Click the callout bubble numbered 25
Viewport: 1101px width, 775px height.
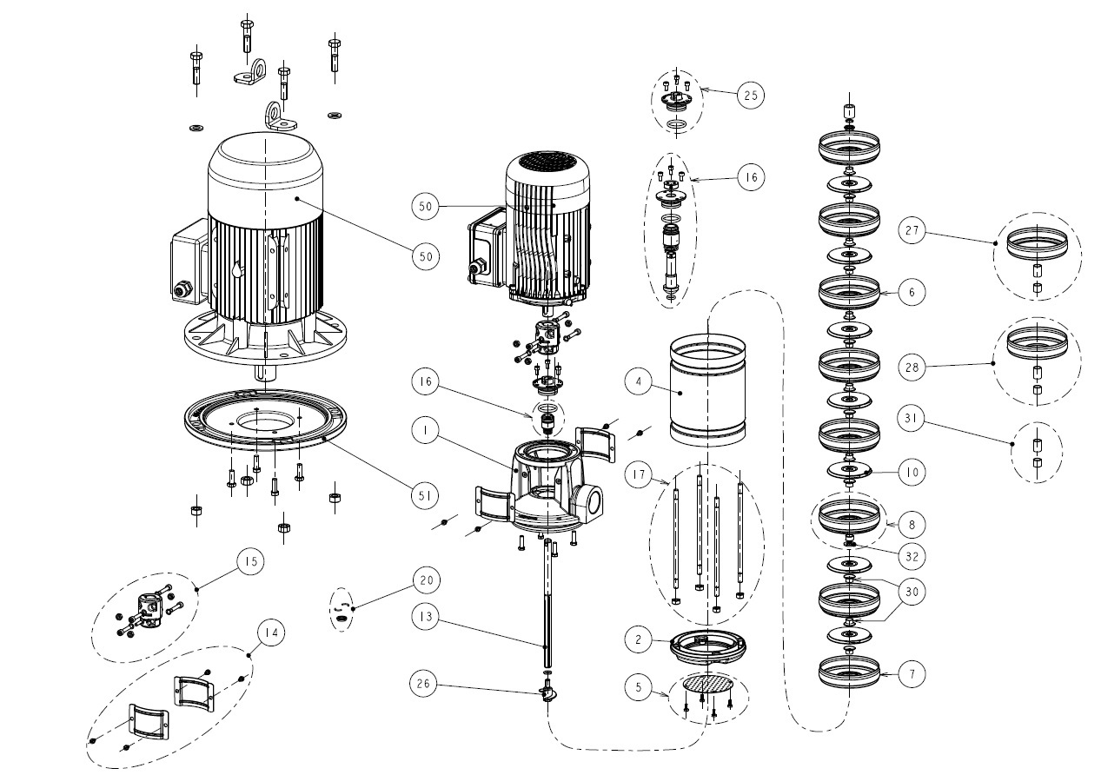750,95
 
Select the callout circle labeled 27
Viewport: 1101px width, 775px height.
912,232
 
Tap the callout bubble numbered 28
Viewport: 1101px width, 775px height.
912,368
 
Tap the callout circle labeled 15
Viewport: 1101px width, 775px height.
249,562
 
